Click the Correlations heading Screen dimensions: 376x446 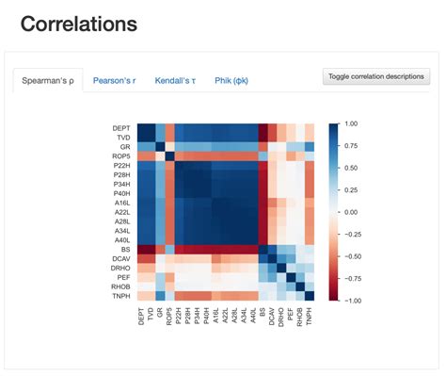79,25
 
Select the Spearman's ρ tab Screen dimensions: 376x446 48,81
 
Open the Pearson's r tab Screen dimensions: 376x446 114,81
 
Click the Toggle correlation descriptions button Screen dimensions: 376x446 375,76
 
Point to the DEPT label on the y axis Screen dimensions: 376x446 121,127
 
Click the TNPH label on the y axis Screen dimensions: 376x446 121,295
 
